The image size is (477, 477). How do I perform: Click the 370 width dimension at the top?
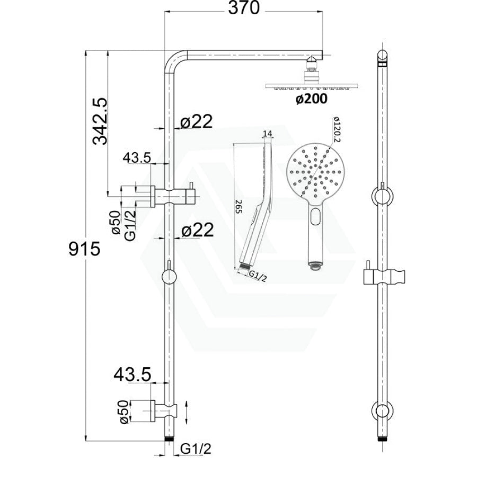(x=244, y=8)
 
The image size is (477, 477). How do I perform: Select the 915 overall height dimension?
(x=84, y=249)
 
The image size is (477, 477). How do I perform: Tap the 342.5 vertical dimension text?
(x=100, y=121)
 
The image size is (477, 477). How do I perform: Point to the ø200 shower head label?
(x=312, y=99)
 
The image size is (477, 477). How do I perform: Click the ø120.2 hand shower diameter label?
(x=336, y=129)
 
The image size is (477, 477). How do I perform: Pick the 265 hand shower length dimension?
(x=238, y=207)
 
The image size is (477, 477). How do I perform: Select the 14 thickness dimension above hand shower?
(x=268, y=134)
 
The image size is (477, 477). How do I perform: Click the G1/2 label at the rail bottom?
(x=196, y=449)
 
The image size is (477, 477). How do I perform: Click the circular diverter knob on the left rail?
(x=169, y=277)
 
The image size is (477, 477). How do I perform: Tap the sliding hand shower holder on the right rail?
(x=384, y=276)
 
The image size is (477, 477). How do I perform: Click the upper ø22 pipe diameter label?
(x=196, y=122)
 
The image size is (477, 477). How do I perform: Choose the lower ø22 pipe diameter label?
(x=198, y=231)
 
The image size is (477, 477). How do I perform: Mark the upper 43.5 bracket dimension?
(x=137, y=157)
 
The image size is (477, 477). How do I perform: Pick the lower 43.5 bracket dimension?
(x=132, y=375)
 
